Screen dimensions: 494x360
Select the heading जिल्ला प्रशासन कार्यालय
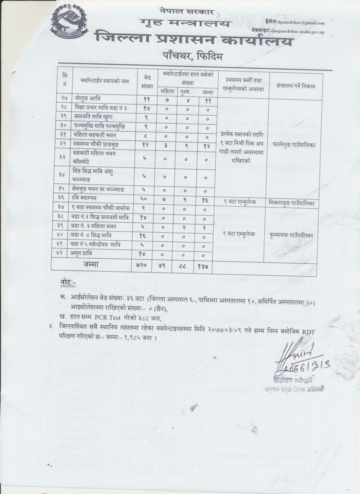(x=194, y=39)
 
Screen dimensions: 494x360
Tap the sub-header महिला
(x=166, y=91)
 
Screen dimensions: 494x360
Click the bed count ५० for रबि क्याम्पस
(x=146, y=198)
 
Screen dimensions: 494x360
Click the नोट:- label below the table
(x=69, y=283)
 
